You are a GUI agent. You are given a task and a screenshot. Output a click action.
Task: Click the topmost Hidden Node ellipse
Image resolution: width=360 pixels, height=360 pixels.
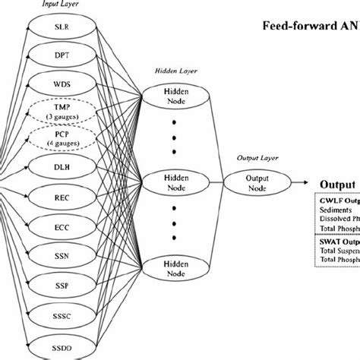[175, 94]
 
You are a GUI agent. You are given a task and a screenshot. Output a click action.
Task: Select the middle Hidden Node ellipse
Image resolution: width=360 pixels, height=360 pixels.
[175, 182]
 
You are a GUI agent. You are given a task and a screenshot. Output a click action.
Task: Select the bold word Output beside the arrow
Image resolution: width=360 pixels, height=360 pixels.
[337, 184]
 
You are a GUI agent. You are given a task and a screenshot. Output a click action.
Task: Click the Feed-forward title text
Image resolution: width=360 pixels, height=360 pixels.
[311, 23]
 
